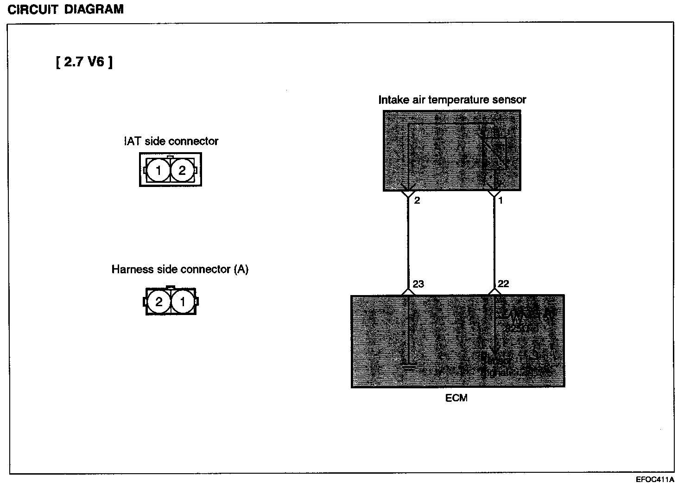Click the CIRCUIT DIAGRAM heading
click(66, 9)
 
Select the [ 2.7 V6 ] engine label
click(84, 62)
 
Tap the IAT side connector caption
click(171, 141)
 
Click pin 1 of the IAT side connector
click(158, 170)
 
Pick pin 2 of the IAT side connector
click(182, 170)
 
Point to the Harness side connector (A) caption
click(180, 269)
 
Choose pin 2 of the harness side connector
click(159, 302)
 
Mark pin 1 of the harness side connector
click(183, 302)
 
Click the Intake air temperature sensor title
click(452, 100)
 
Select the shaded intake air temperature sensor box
click(452, 150)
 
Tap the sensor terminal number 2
click(417, 201)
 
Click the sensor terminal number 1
click(501, 201)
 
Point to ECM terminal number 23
click(418, 284)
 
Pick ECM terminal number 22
click(503, 284)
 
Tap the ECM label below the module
click(456, 398)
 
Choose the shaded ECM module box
click(458, 341)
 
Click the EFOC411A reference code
click(655, 480)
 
